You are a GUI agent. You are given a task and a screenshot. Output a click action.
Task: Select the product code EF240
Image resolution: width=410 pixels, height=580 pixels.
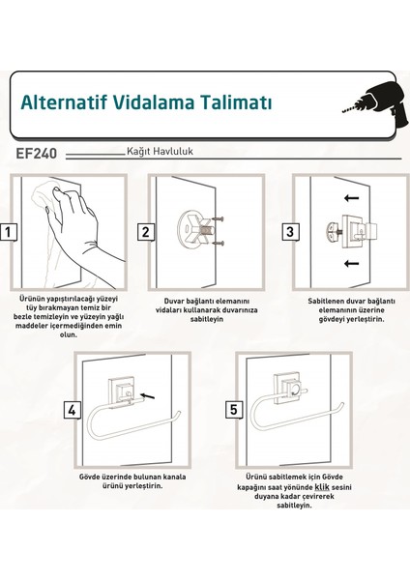pyautogui.click(x=37, y=153)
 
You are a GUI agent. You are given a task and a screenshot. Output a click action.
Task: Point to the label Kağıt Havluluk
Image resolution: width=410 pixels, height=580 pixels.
pyautogui.click(x=160, y=152)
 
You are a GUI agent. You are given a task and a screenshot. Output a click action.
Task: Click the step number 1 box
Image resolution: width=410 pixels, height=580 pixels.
pyautogui.click(x=9, y=232)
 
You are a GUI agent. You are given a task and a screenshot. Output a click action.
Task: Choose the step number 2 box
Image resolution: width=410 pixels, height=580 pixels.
pyautogui.click(x=146, y=232)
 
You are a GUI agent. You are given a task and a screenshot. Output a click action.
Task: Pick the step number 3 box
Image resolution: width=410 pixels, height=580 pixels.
pyautogui.click(x=290, y=232)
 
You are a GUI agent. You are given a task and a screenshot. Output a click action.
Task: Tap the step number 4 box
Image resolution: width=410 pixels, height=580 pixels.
pyautogui.click(x=73, y=410)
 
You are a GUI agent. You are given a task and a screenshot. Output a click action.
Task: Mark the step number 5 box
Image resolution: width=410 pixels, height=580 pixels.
pyautogui.click(x=234, y=410)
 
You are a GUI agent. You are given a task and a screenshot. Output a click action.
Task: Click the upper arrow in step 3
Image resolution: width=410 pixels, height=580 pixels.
pyautogui.click(x=352, y=198)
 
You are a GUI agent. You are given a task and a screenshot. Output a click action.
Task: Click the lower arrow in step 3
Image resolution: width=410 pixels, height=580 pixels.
pyautogui.click(x=352, y=263)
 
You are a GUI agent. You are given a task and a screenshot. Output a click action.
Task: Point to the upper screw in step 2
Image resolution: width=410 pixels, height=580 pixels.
pyautogui.click(x=219, y=219)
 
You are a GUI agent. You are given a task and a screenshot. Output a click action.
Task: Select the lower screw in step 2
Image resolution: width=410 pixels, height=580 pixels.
pyautogui.click(x=219, y=243)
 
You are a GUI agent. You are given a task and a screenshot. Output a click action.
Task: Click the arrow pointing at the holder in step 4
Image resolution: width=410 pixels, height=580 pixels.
pyautogui.click(x=148, y=396)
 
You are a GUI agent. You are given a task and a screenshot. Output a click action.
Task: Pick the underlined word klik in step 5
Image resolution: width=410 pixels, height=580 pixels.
pyautogui.click(x=322, y=487)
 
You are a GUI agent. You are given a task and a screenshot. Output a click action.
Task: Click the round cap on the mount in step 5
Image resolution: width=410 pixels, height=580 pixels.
pyautogui.click(x=295, y=391)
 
